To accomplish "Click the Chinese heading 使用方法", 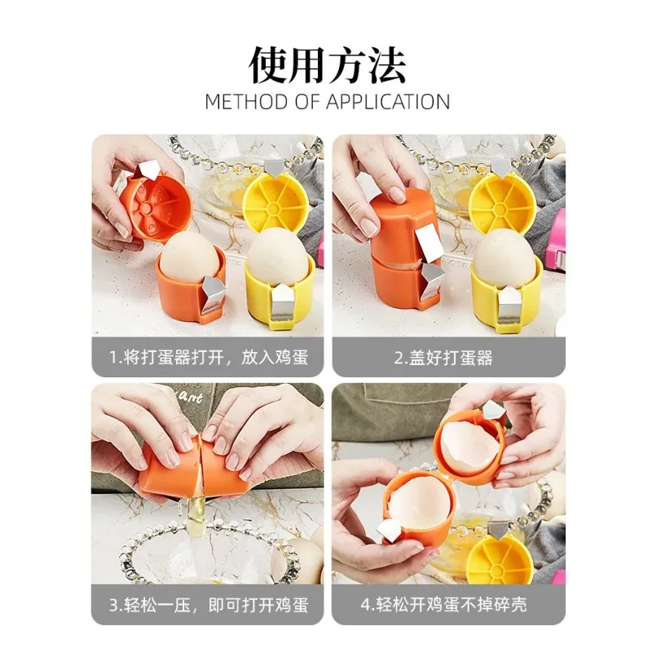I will pyautogui.click(x=326, y=65).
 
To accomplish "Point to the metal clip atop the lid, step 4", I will pyautogui.click(x=492, y=411).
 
